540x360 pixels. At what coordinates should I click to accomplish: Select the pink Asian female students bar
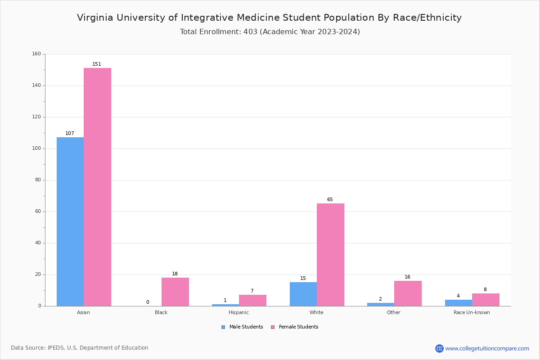pos(97,187)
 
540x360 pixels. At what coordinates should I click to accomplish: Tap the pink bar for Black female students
pos(175,292)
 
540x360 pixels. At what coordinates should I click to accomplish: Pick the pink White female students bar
pos(330,255)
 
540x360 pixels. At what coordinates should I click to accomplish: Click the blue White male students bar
pos(303,294)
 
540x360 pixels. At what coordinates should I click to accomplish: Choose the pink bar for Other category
pos(408,293)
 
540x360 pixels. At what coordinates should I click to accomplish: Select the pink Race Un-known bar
pos(486,300)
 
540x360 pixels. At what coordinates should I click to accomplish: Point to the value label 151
pos(97,64)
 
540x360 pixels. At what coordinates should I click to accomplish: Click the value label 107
pos(70,134)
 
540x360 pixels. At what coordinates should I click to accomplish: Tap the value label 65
pos(330,200)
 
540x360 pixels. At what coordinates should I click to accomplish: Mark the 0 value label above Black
pos(148,302)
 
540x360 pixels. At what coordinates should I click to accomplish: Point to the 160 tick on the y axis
pos(36,54)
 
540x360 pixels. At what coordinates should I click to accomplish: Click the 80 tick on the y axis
pos(38,180)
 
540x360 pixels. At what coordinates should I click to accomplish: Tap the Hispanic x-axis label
pos(238,312)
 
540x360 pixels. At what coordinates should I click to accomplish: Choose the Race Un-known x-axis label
pos(472,312)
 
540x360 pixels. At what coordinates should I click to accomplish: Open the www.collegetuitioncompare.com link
pos(487,348)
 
